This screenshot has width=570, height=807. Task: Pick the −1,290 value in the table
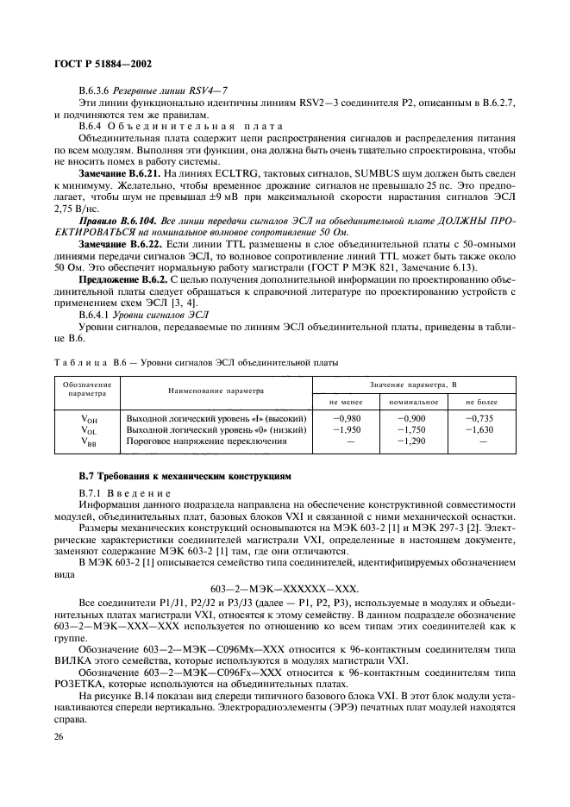pyautogui.click(x=415, y=441)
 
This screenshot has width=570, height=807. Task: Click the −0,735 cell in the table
pyautogui.click(x=483, y=416)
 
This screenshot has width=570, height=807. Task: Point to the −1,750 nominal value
pyautogui.click(x=415, y=429)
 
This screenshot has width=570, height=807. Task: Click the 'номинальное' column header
pyautogui.click(x=415, y=401)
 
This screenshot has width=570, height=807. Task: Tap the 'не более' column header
pyautogui.click(x=483, y=401)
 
